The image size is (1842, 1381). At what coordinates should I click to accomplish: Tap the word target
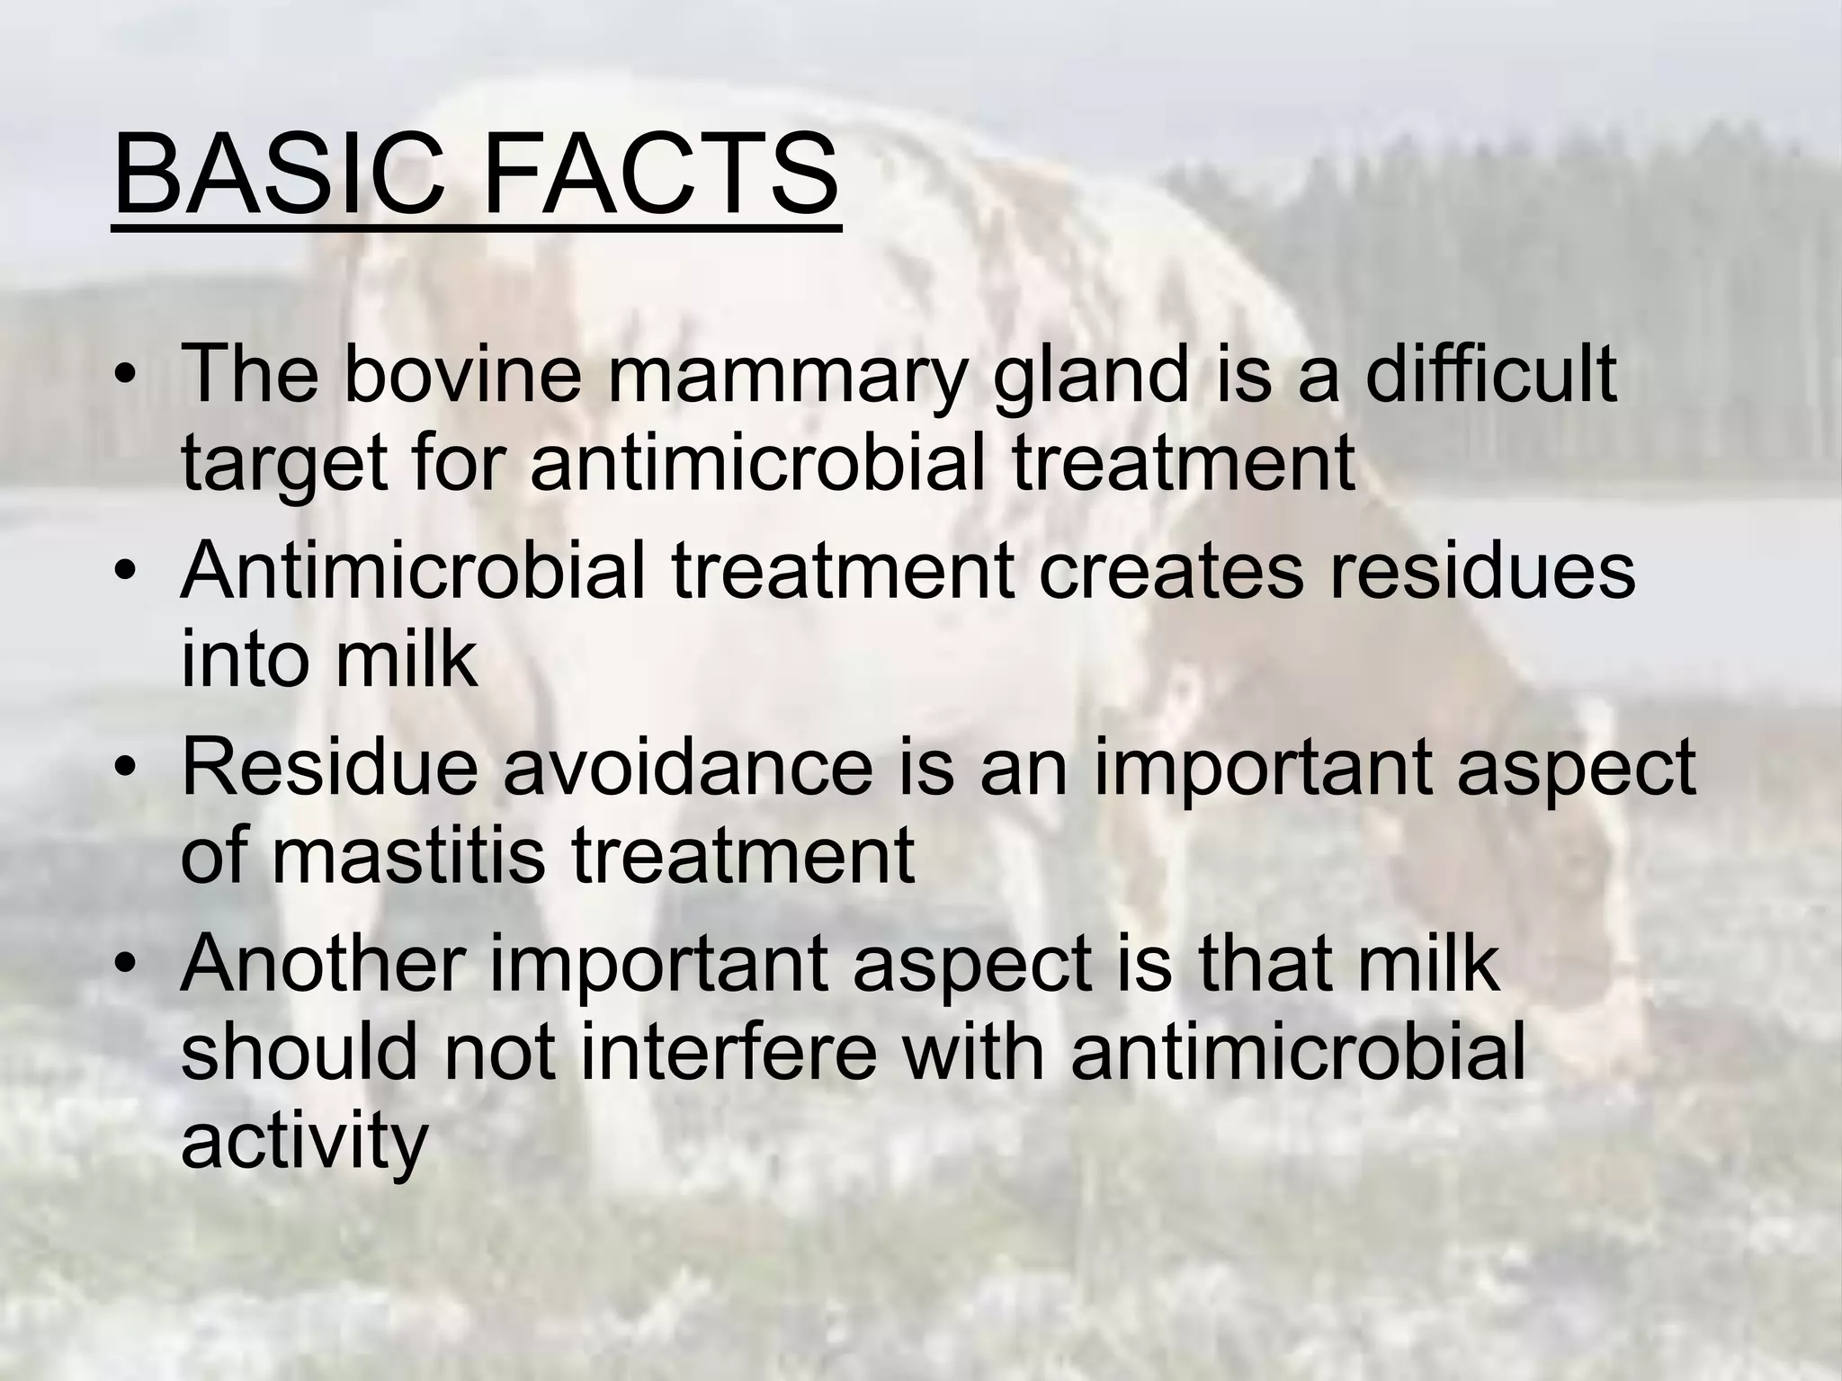point(284,468)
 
